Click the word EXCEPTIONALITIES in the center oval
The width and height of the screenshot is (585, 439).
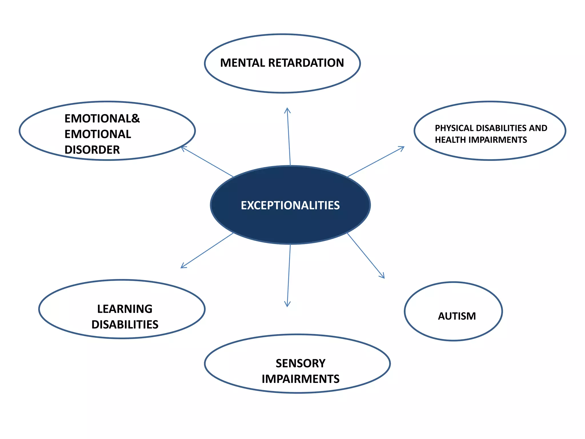tap(290, 205)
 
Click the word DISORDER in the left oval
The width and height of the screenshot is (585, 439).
tap(92, 150)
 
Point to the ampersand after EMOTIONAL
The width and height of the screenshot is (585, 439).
tap(136, 118)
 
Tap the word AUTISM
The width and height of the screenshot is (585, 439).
tap(457, 316)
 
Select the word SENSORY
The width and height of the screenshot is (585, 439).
tap(300, 364)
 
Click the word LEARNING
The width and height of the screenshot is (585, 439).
tap(125, 309)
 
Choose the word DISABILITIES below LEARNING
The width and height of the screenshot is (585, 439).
tap(125, 325)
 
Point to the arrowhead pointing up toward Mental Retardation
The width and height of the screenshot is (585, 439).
tap(287, 109)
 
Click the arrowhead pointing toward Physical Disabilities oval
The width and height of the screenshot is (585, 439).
tap(403, 147)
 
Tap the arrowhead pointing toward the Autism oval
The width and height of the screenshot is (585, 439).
tap(383, 277)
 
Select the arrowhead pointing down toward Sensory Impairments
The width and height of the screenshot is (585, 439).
tap(287, 305)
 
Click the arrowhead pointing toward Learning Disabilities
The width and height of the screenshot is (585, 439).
tap(182, 267)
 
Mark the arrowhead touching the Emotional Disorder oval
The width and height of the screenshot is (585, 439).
tap(183, 148)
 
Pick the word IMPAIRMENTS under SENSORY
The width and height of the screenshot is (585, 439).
tap(300, 379)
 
